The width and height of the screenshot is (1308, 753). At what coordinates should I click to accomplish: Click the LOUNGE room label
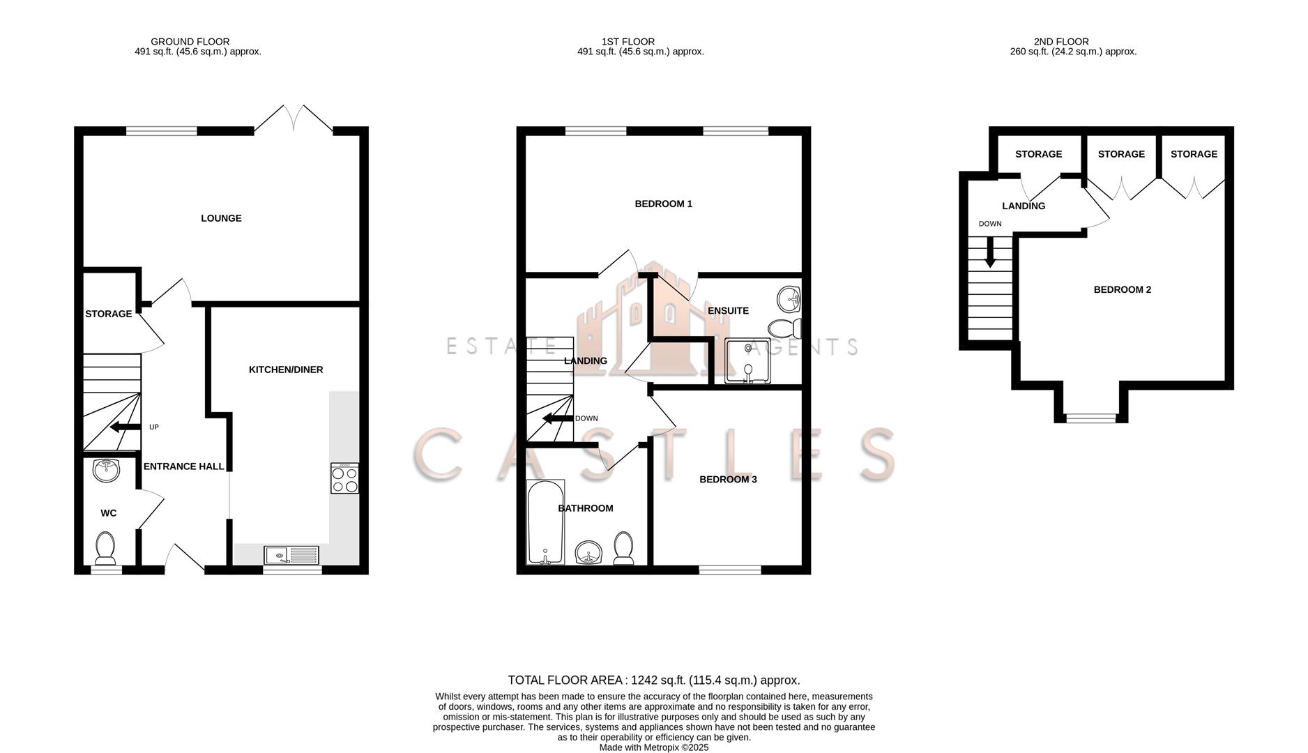(221, 218)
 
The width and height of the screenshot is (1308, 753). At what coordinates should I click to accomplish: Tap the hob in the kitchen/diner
(344, 478)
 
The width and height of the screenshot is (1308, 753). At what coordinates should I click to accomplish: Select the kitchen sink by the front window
(291, 555)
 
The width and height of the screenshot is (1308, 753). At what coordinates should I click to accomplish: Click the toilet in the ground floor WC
(105, 549)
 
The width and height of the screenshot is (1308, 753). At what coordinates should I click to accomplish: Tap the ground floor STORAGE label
(108, 314)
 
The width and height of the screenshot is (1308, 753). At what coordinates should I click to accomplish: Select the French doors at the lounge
(294, 119)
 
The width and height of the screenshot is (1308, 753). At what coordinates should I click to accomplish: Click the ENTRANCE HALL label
(183, 466)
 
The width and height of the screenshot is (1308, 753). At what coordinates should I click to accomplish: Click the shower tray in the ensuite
(747, 360)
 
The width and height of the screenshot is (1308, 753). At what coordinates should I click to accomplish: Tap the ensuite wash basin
(789, 299)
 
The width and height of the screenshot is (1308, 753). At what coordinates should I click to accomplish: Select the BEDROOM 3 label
(728, 479)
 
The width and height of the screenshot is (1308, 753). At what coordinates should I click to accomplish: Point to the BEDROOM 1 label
(663, 204)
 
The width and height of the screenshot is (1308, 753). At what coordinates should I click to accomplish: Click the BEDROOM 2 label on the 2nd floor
(1122, 289)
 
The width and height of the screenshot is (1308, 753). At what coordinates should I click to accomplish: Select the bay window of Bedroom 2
(1090, 418)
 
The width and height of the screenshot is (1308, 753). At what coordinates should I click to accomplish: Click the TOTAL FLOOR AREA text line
(653, 680)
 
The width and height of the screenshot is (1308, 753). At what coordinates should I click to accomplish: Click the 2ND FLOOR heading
(1060, 41)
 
